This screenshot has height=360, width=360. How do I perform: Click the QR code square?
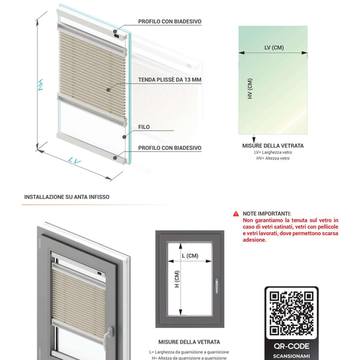pyautogui.click(x=291, y=313)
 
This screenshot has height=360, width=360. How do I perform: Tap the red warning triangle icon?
pyautogui.click(x=236, y=214)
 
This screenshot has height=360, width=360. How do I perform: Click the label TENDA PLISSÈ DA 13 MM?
pyautogui.click(x=170, y=80)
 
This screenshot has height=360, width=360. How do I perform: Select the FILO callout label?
pyautogui.click(x=144, y=127)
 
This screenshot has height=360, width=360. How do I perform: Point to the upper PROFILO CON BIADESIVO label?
pyautogui.click(x=170, y=22)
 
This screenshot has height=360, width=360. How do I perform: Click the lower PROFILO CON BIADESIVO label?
pyautogui.click(x=170, y=148)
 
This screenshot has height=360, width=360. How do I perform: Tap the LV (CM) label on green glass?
pyautogui.click(x=274, y=48)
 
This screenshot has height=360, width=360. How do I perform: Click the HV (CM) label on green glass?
pyautogui.click(x=250, y=89)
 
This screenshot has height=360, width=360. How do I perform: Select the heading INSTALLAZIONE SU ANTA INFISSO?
pyautogui.click(x=67, y=197)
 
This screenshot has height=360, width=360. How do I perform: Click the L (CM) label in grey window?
pyautogui.click(x=190, y=256)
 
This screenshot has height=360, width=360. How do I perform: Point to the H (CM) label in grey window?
pyautogui.click(x=177, y=279)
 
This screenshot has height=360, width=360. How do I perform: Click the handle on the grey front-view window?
pyautogui.click(x=217, y=286)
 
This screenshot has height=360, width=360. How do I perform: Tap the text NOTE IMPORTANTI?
pyautogui.click(x=267, y=214)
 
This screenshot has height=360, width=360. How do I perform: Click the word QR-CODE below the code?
pyautogui.click(x=291, y=346)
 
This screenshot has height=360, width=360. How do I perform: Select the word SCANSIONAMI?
pyautogui.click(x=291, y=356)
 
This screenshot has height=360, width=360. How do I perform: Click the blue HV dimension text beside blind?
pyautogui.click(x=41, y=84)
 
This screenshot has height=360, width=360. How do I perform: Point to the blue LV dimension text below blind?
pyautogui.click(x=75, y=160)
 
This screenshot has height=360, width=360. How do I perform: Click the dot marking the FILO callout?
pyautogui.click(x=124, y=137)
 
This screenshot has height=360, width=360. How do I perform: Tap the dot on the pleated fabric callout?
pyautogui.click(x=108, y=90)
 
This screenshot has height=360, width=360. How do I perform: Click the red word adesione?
pyautogui.click(x=255, y=240)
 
